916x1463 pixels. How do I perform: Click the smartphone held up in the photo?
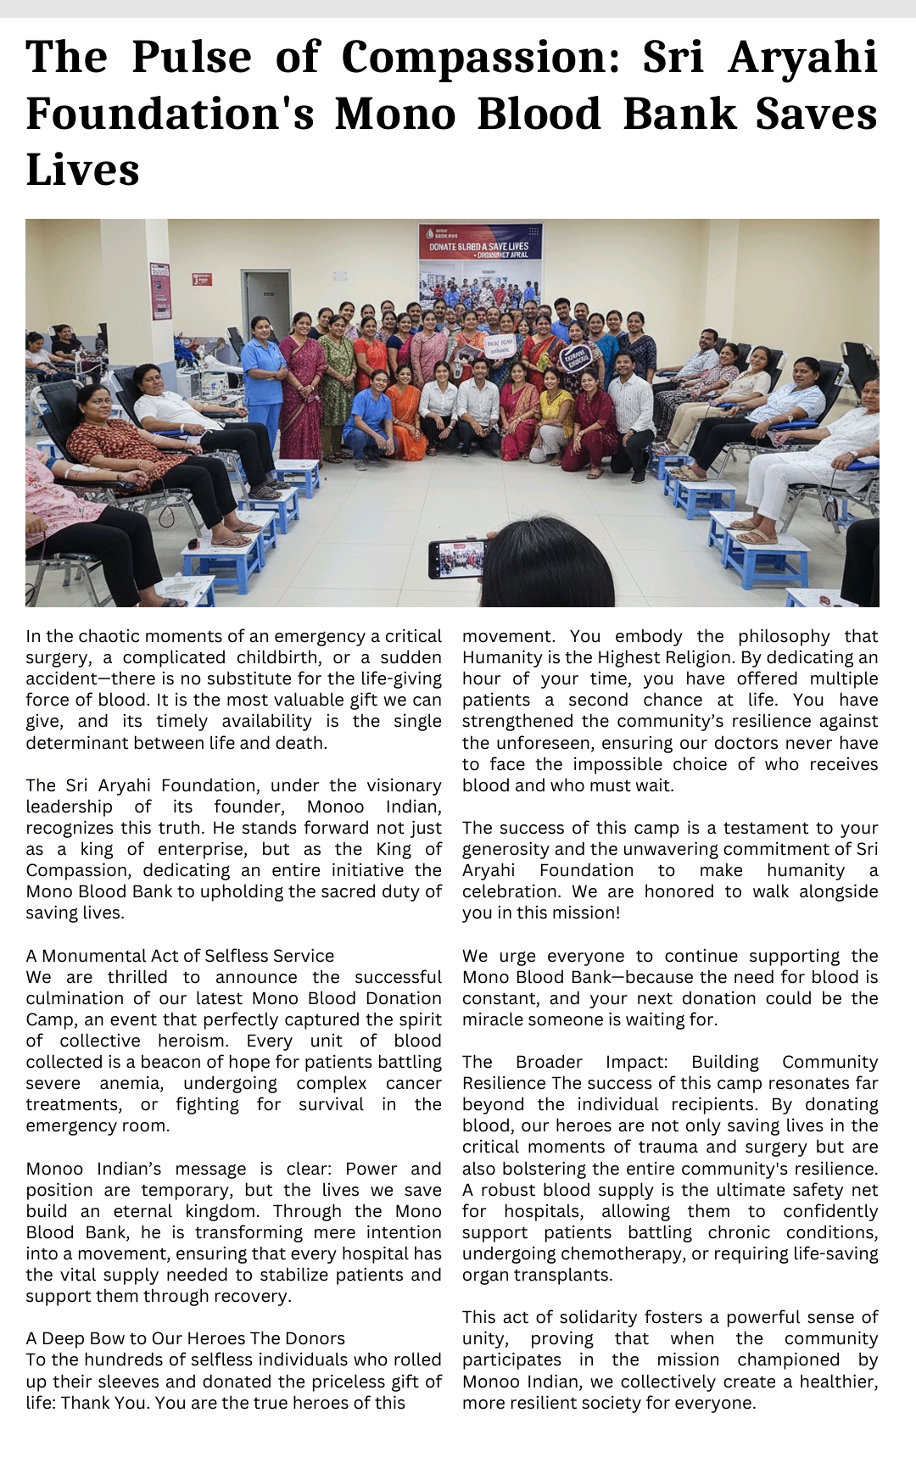[458, 559]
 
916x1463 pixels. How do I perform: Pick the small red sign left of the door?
[202, 279]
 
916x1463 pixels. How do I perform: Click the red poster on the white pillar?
[160, 291]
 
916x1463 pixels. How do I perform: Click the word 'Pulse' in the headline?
[192, 58]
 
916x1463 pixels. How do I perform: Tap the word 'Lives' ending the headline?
[82, 170]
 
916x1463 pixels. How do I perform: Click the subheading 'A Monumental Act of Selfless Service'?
[180, 956]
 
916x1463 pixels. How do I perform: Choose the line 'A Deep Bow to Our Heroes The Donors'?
[185, 1338]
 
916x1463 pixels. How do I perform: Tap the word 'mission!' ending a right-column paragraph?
[586, 913]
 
